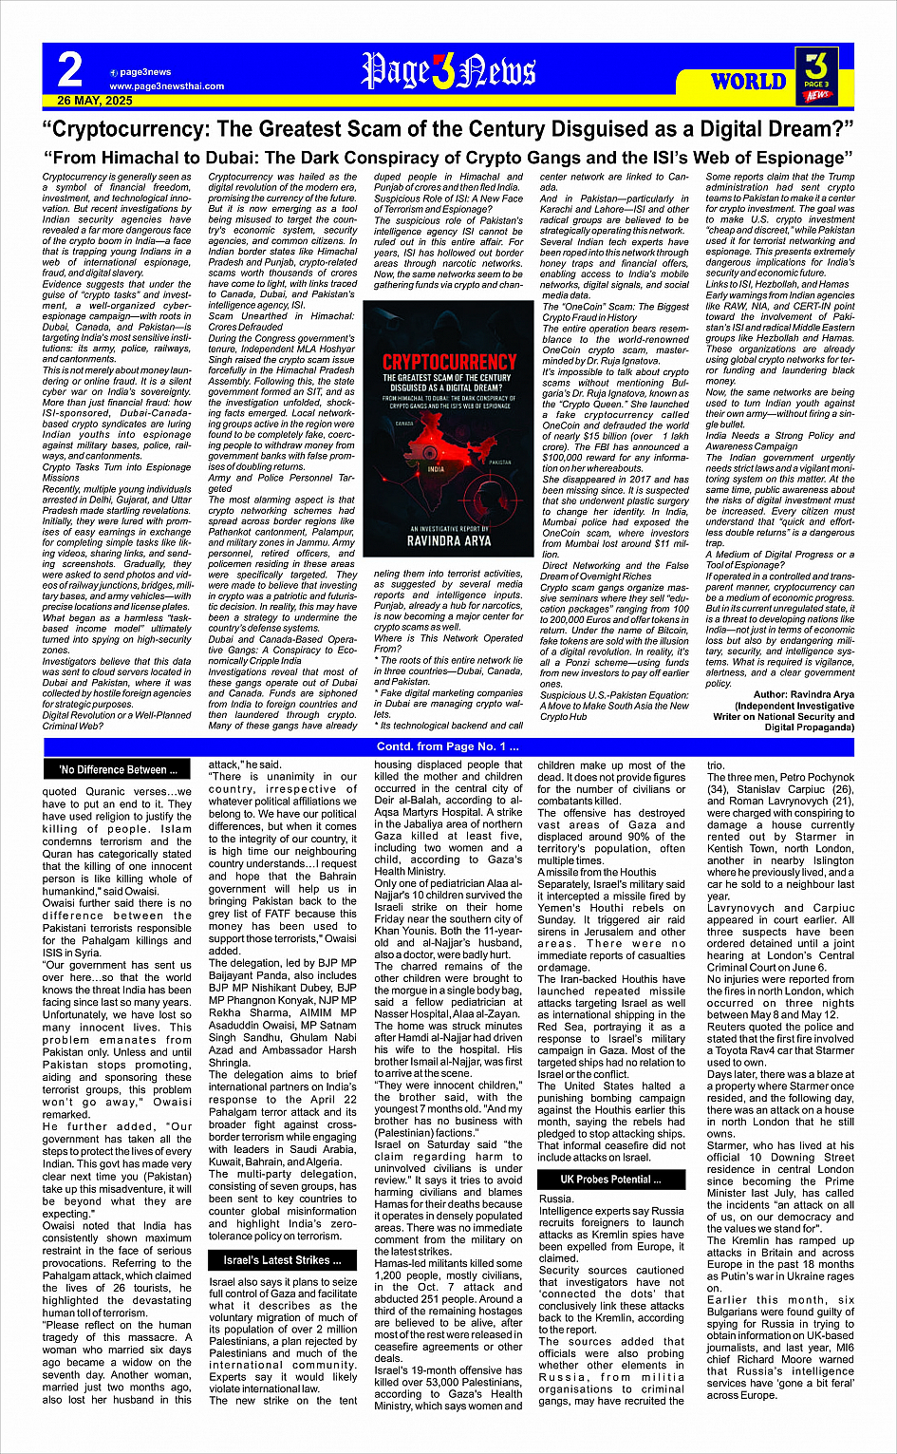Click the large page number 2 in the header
click(x=69, y=70)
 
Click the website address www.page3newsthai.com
click(x=166, y=85)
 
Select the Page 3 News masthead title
click(x=447, y=71)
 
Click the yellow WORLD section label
click(x=748, y=81)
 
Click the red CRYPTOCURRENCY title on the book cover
click(x=448, y=362)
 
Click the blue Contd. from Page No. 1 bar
click(x=448, y=746)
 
